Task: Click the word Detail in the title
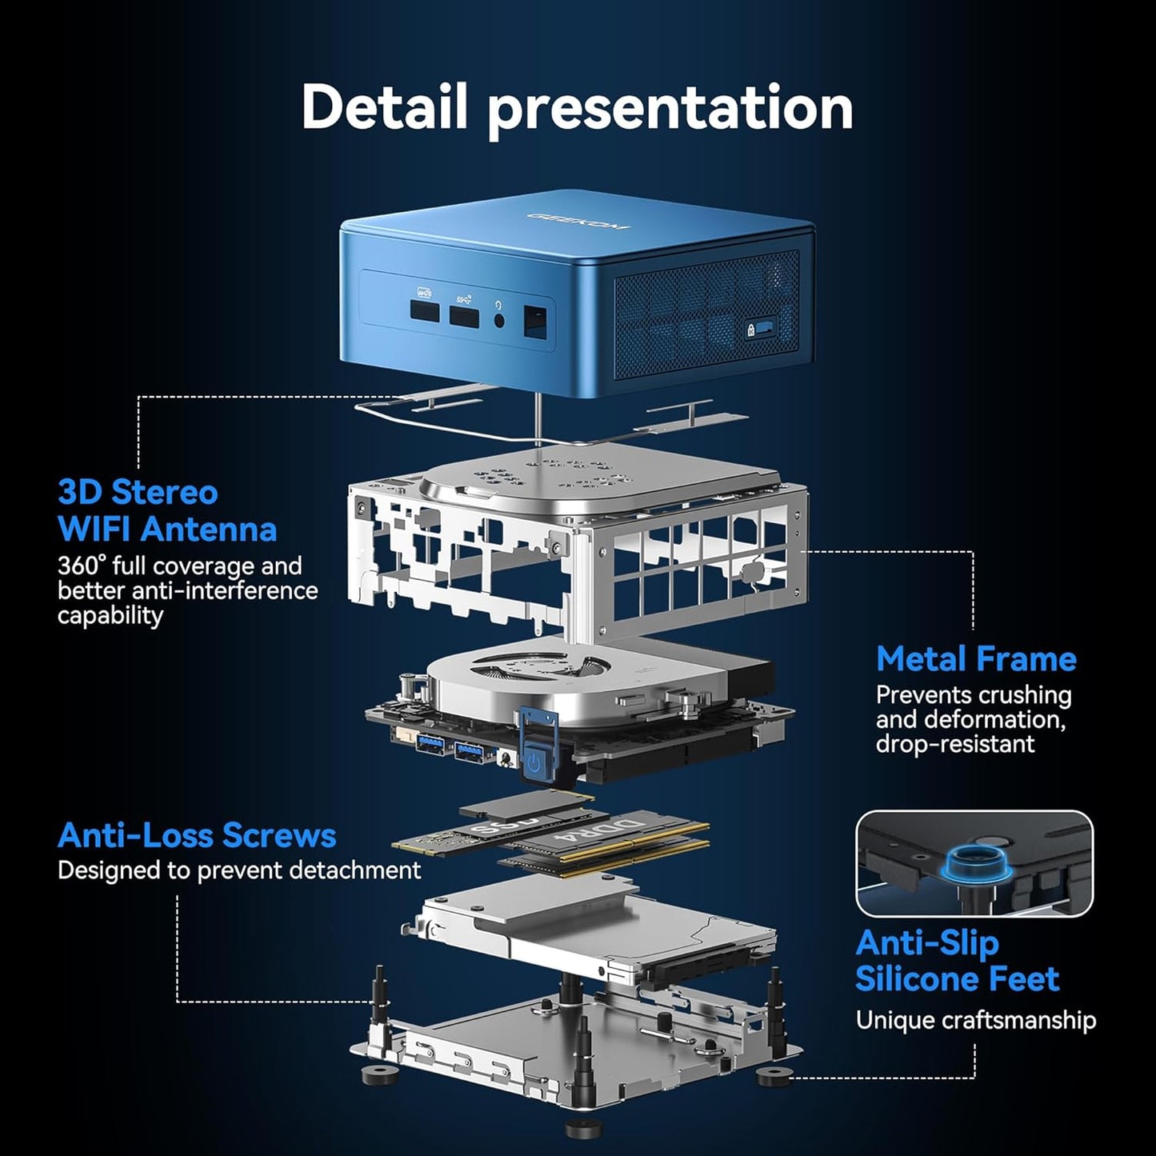click(x=383, y=107)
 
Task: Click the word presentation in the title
click(x=670, y=109)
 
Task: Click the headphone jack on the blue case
click(x=499, y=318)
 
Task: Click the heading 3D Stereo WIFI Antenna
click(x=166, y=510)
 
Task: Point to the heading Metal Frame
click(x=975, y=659)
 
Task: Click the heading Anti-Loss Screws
click(x=197, y=835)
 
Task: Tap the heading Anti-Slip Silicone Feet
click(x=957, y=961)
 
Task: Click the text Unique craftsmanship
click(x=975, y=1021)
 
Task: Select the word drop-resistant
click(x=954, y=744)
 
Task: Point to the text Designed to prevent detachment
click(x=238, y=870)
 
